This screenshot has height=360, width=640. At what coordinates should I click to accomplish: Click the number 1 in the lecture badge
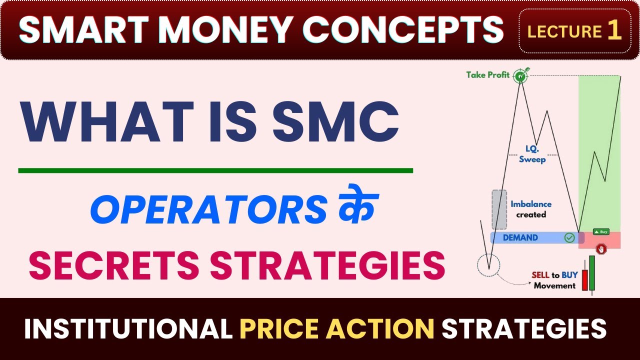click(x=614, y=31)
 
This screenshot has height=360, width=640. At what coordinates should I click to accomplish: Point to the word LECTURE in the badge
click(x=564, y=32)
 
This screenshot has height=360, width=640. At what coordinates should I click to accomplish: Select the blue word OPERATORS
click(x=208, y=210)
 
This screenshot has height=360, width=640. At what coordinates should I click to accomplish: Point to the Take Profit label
click(x=488, y=75)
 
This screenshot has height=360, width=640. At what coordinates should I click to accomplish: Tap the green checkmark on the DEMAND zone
click(x=569, y=237)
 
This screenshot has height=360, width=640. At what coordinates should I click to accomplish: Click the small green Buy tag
click(x=600, y=231)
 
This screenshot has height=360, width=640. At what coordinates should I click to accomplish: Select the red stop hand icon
click(x=601, y=248)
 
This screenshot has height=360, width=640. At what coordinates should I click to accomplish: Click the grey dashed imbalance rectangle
click(x=499, y=209)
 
